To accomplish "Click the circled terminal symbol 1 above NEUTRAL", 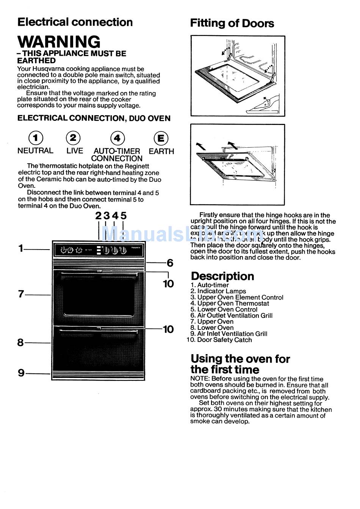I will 36,138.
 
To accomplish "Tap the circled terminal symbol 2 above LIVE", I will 73,138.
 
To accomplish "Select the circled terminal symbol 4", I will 117,138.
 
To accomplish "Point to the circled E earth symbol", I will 161,138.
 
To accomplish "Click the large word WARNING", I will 59,42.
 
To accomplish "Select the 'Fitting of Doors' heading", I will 232,23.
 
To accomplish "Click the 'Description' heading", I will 222,276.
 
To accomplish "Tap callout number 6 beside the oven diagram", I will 170,262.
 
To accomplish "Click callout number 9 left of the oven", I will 21,373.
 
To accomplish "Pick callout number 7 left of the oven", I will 21,294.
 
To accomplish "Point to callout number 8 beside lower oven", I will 20,342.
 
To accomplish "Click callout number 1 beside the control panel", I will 21,248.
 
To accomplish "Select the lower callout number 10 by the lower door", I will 168,329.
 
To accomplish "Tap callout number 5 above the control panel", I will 124,216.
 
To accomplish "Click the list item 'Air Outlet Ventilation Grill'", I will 235,315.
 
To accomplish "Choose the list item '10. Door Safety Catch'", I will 220,340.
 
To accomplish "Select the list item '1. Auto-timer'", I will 210,285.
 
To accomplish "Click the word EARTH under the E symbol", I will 161,151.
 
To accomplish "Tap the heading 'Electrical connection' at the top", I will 75,22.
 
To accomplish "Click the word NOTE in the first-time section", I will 200,379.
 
